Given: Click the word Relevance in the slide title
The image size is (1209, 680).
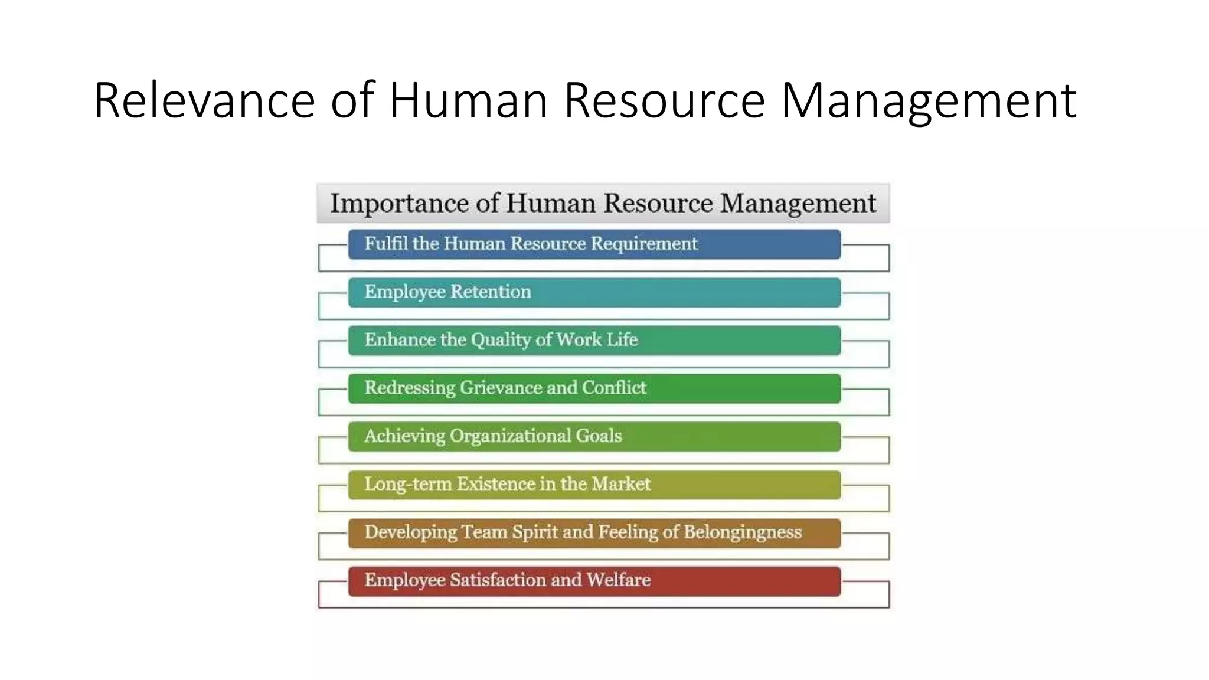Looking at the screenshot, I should click(x=204, y=100).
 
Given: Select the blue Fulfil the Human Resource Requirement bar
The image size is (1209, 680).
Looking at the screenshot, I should click(x=594, y=244).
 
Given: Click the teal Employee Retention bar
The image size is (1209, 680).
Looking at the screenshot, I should click(x=594, y=293).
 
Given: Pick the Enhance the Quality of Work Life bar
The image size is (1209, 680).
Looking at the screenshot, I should click(x=594, y=341).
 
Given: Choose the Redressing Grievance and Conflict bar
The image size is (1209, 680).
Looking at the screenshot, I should click(x=594, y=388).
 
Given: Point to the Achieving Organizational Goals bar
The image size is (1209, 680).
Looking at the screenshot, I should click(x=594, y=437).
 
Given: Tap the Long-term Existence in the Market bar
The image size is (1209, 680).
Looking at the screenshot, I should click(x=594, y=485).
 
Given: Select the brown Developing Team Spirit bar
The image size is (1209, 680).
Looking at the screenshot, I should click(x=594, y=533).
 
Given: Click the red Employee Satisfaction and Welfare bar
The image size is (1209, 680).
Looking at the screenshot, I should click(x=594, y=581).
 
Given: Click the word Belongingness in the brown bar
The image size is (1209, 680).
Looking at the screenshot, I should click(x=743, y=532).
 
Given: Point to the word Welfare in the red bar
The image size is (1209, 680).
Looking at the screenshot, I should click(x=618, y=580).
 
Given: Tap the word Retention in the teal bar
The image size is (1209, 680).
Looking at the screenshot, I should click(x=491, y=292).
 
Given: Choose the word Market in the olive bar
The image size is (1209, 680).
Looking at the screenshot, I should click(x=621, y=484).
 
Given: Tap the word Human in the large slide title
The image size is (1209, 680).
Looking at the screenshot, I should click(x=468, y=100).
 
